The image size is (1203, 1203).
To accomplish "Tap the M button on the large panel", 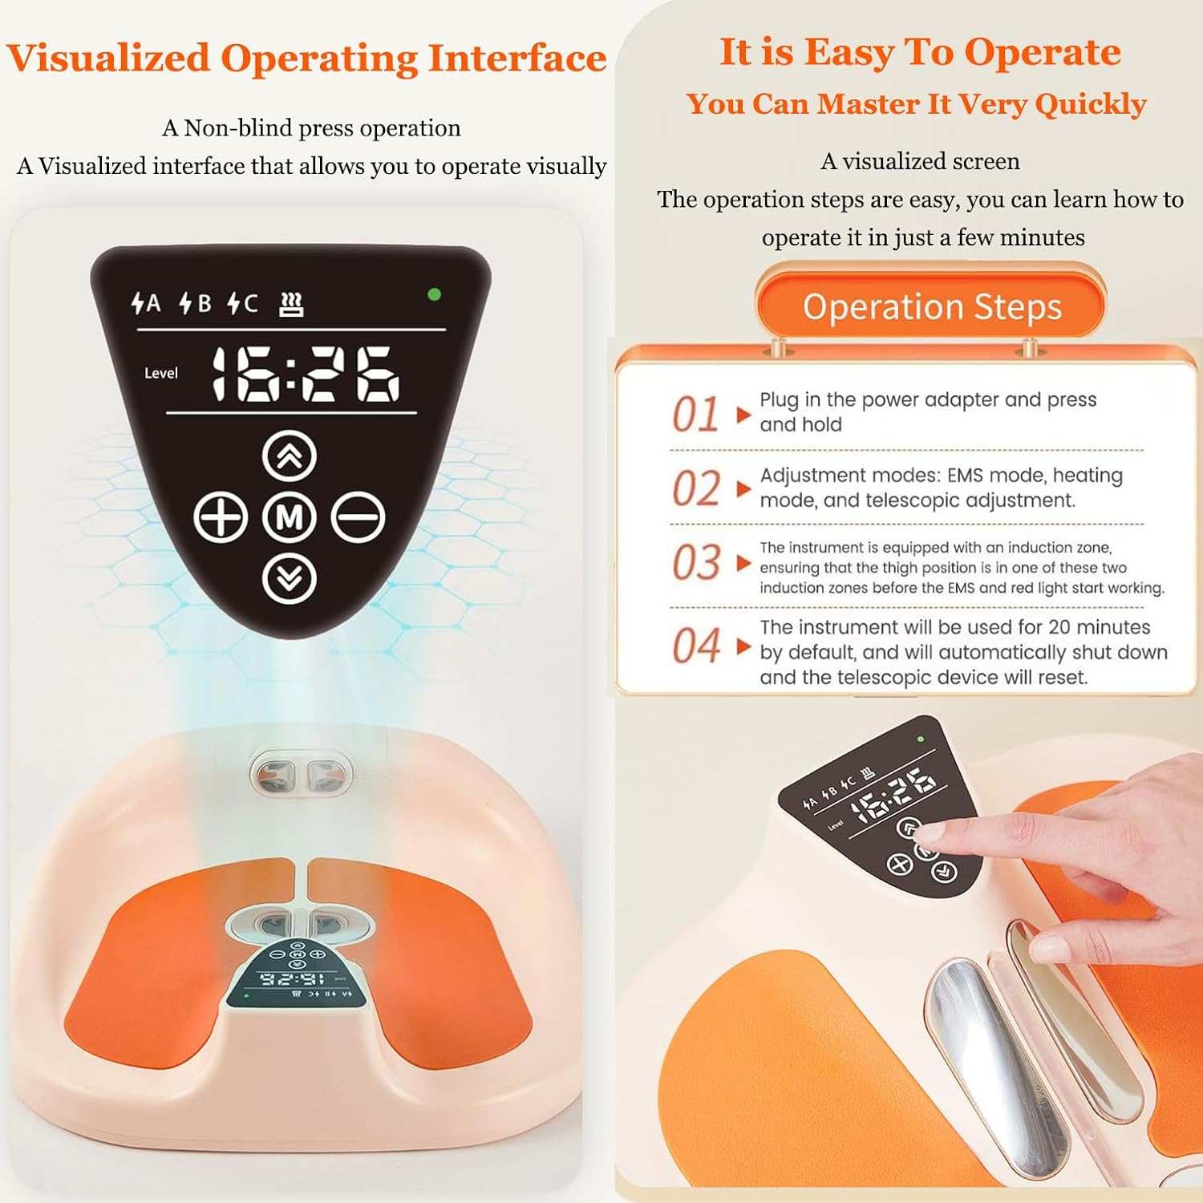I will (289, 517).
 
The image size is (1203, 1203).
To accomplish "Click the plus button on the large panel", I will (221, 517).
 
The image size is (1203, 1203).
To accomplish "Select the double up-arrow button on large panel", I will (290, 456).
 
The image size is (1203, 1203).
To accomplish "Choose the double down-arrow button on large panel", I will (290, 577).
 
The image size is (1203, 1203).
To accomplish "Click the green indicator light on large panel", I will (435, 294).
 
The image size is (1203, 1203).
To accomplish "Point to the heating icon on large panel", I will (291, 304).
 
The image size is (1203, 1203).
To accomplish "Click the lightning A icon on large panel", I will (146, 303).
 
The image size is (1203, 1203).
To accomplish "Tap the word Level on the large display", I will (160, 373).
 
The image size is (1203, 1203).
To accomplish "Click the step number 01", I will (695, 415).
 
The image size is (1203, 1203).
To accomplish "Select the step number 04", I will (695, 646).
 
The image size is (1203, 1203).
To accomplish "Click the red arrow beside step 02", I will (743, 488).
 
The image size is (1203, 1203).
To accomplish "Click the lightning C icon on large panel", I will (242, 303).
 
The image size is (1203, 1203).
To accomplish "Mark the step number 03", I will (695, 562).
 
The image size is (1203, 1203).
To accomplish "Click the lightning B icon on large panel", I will (195, 303).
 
